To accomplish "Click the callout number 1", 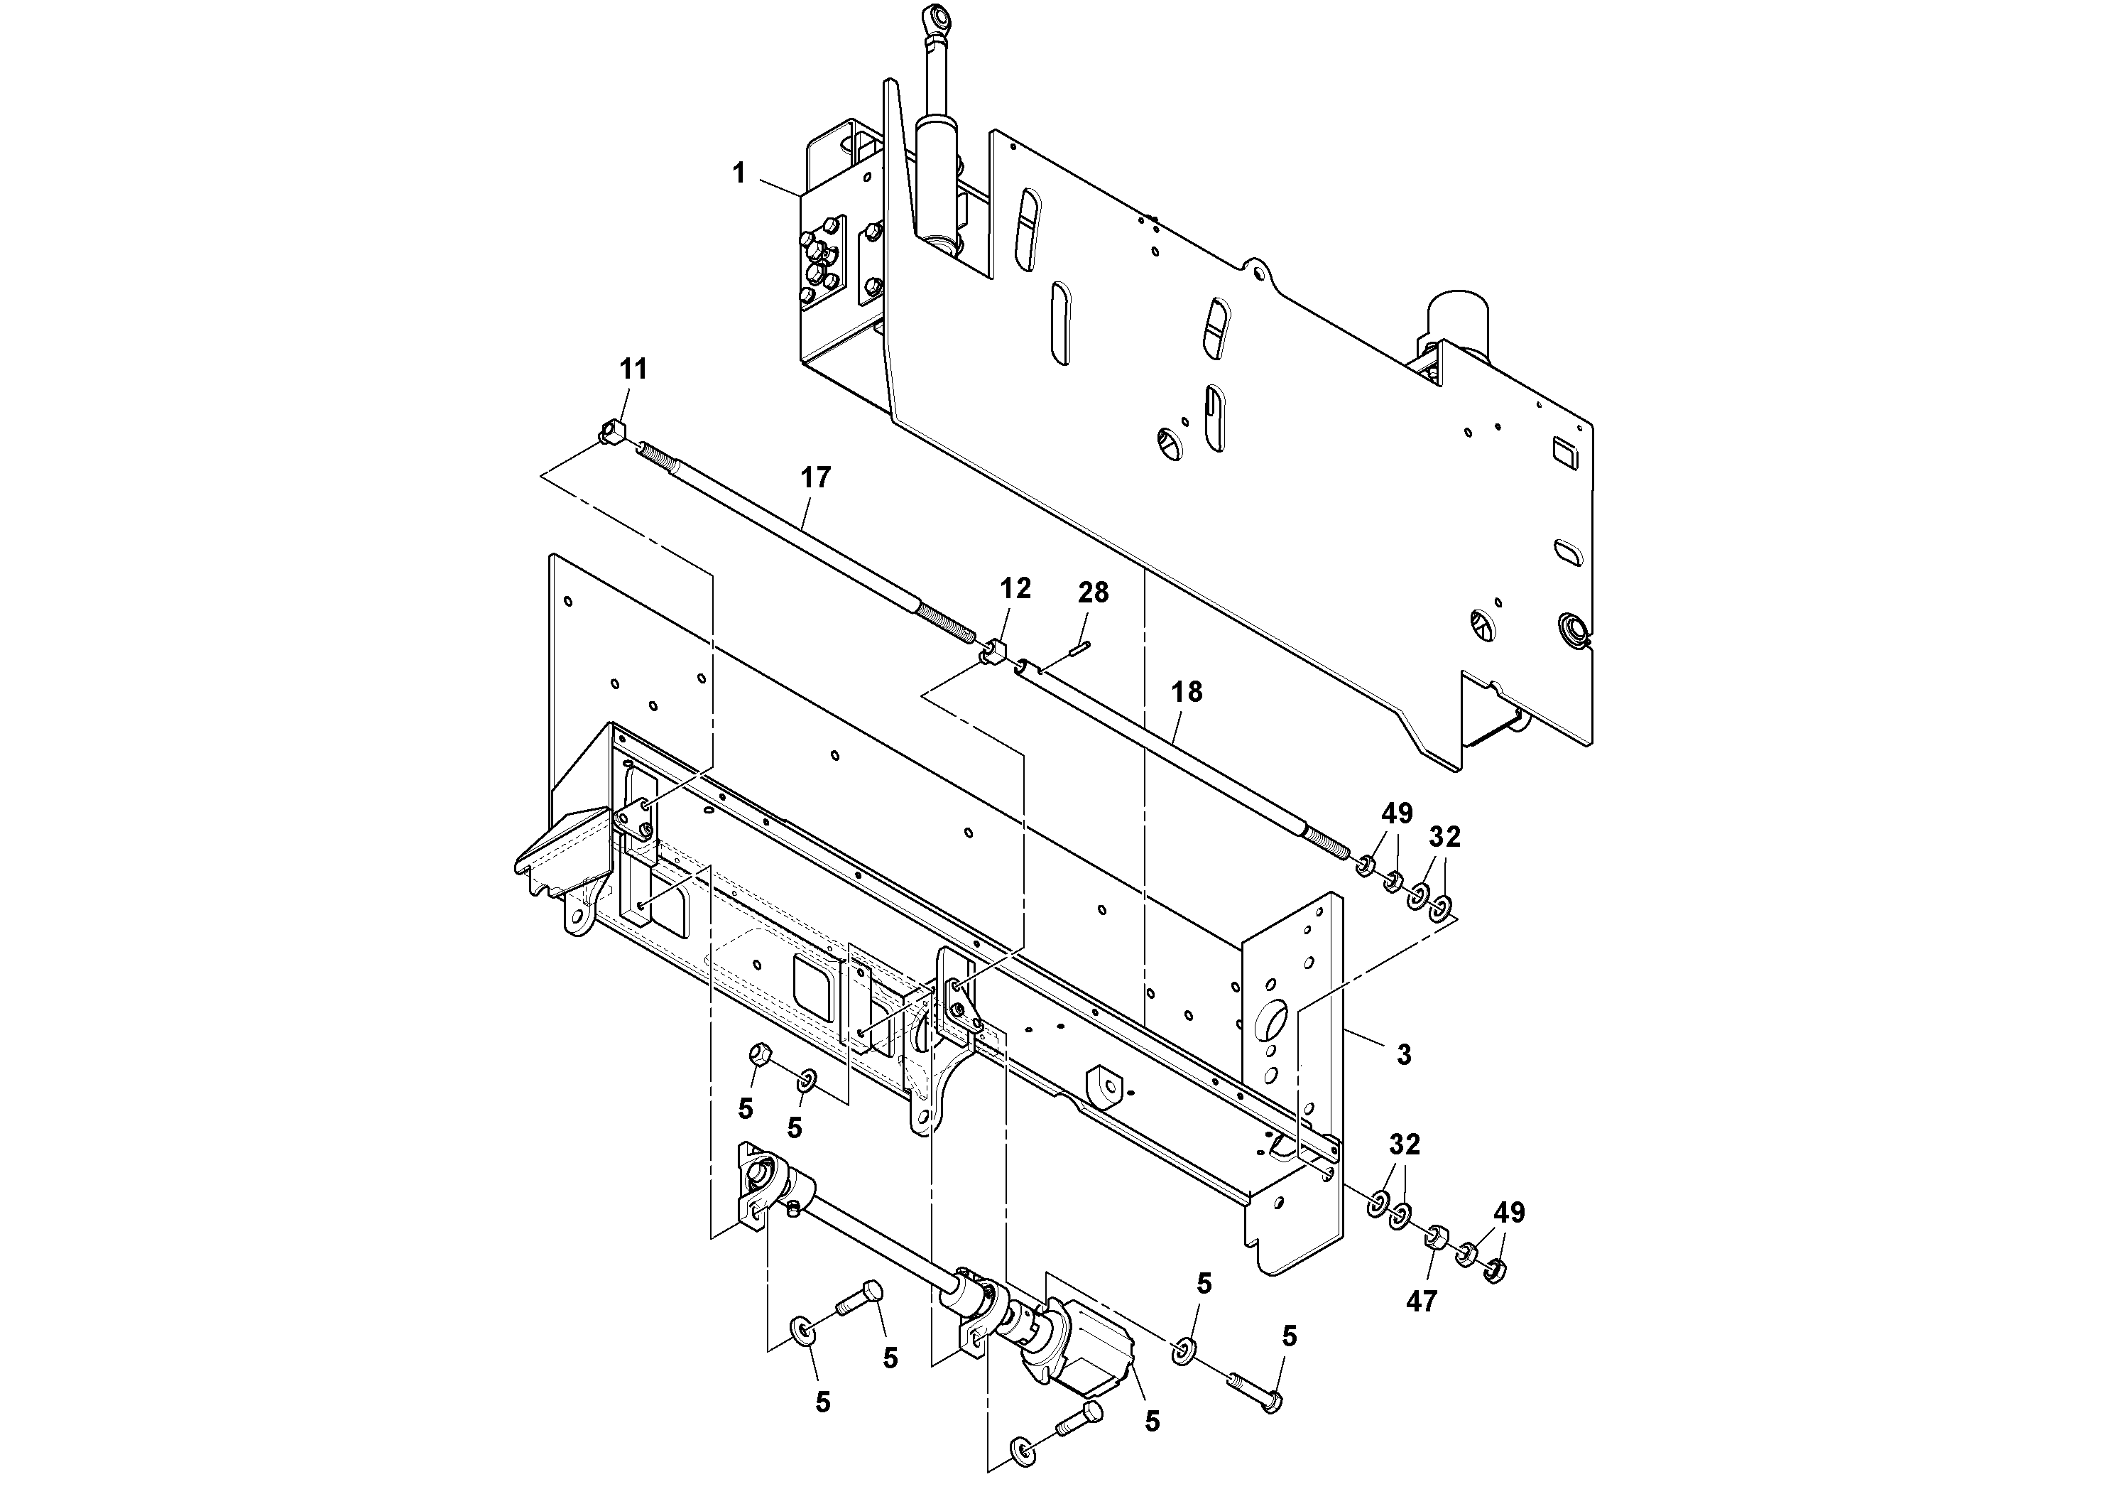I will [739, 173].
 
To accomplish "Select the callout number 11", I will [633, 369].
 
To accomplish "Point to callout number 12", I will [1015, 588].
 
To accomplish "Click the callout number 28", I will [1094, 593].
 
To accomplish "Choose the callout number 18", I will [1187, 692].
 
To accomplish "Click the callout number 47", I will [1422, 1301].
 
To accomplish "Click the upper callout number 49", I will [1397, 813].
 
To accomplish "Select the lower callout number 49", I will [1509, 1213].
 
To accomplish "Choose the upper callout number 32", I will [1444, 838].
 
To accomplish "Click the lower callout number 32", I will [1404, 1145].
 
